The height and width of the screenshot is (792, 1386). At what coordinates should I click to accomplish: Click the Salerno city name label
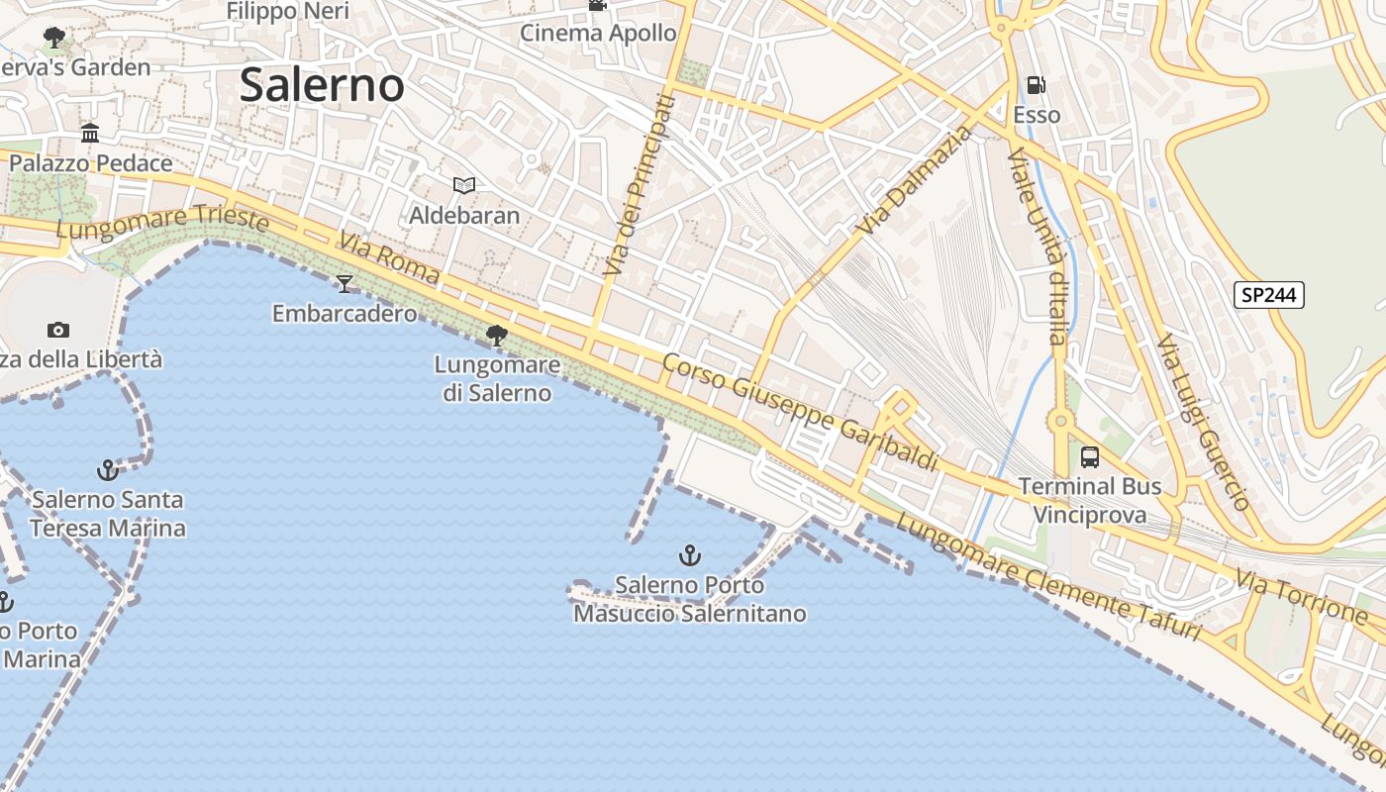[322, 85]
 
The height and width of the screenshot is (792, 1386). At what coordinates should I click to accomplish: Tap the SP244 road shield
[1269, 295]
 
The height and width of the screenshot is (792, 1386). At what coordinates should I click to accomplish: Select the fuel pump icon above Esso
[1036, 86]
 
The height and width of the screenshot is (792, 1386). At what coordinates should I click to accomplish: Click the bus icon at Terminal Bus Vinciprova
[1090, 457]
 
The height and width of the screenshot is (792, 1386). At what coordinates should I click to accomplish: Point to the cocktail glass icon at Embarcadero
[345, 284]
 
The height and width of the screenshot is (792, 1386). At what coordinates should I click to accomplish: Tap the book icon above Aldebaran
[463, 185]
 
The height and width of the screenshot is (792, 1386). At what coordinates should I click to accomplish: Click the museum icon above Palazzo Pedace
[90, 133]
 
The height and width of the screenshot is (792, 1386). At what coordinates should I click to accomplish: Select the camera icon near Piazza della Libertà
[58, 330]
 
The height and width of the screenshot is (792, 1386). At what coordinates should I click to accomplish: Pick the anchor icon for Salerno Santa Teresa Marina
[107, 469]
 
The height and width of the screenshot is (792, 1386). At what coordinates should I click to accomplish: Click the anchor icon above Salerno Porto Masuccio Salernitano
[690, 555]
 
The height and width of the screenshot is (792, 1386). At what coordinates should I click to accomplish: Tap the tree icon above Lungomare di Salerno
[497, 336]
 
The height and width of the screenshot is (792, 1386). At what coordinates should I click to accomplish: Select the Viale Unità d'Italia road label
[1037, 246]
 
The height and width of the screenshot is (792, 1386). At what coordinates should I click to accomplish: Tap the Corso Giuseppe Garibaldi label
[800, 412]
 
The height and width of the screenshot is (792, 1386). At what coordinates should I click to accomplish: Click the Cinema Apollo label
[598, 33]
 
